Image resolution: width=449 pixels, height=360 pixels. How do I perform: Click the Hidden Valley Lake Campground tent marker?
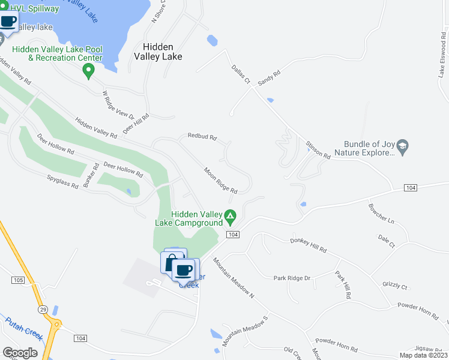(x=229, y=215)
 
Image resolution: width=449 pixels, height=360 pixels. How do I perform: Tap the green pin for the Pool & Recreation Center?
(x=89, y=71)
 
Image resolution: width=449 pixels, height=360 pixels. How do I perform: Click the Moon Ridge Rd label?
(x=220, y=180)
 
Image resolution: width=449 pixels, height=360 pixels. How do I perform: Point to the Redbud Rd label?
(x=201, y=137)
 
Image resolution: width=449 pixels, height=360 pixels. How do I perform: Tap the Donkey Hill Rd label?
(x=308, y=245)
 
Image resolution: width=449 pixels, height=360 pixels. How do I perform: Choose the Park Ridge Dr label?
(x=292, y=278)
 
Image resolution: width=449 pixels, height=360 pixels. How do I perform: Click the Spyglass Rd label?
(x=63, y=182)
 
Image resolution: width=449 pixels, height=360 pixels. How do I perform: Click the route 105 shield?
(x=17, y=280)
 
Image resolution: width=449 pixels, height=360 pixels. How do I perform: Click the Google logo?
(x=20, y=352)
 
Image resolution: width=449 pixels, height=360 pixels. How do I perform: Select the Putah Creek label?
(x=24, y=329)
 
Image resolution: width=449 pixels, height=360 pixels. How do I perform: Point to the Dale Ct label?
(x=387, y=241)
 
